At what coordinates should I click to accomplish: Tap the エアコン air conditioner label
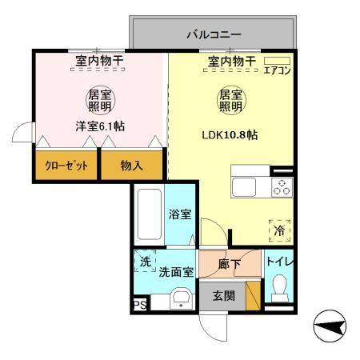coord(277,70)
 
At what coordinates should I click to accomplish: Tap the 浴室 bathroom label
coord(179,214)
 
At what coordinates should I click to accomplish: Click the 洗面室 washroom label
coord(176,272)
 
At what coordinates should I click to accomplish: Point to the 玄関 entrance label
coord(223,297)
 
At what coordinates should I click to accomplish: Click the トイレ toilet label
coord(278,261)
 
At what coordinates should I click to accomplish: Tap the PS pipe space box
coord(139,305)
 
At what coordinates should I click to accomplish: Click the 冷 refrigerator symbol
coord(280,230)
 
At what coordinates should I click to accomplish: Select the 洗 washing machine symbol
coord(145,262)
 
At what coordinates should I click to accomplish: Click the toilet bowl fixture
coord(279,286)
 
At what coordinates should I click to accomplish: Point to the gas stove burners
coord(281,187)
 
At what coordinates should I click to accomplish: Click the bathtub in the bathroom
coord(149,215)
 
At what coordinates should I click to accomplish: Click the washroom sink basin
coord(182,299)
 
